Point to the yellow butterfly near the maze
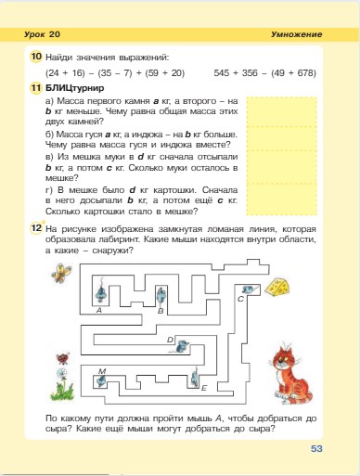(61, 355)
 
